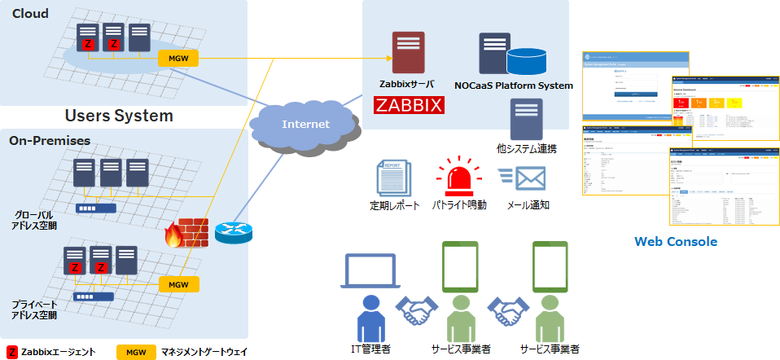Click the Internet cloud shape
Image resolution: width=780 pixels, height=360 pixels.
pyautogui.click(x=305, y=125)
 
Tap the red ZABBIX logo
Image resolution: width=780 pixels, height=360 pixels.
pyautogui.click(x=408, y=105)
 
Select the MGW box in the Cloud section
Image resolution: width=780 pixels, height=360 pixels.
pyautogui.click(x=178, y=58)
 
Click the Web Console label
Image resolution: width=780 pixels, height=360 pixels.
pyautogui.click(x=676, y=241)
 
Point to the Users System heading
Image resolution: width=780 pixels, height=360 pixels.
pyautogui.click(x=119, y=115)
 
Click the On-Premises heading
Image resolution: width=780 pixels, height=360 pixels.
pyautogui.click(x=50, y=140)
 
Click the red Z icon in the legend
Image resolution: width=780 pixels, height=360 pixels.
pyautogui.click(x=11, y=352)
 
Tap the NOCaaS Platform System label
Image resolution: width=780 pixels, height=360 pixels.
pyautogui.click(x=513, y=86)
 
